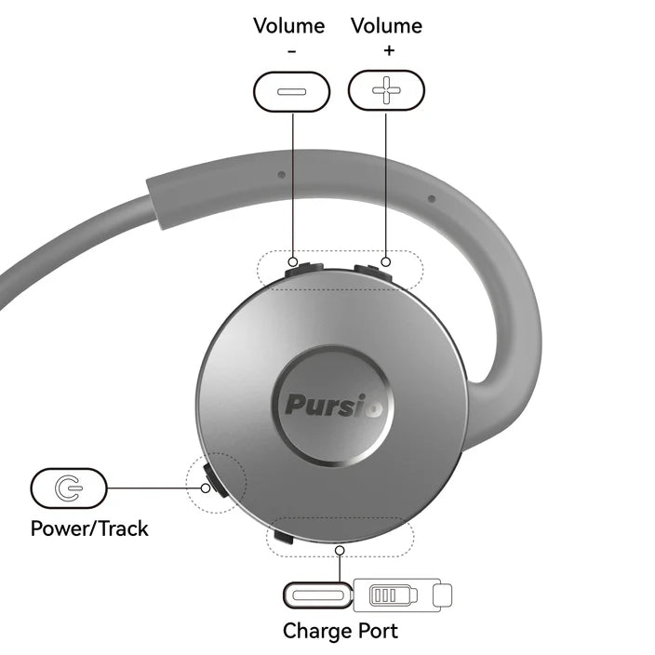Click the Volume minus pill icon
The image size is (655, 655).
pyautogui.click(x=291, y=91)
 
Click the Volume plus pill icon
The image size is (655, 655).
pyautogui.click(x=386, y=91)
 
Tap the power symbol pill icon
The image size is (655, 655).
pyautogui.click(x=69, y=487)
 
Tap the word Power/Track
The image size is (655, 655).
pyautogui.click(x=89, y=529)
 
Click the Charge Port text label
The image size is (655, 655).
pyautogui.click(x=340, y=631)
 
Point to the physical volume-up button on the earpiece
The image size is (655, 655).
pyautogui.click(x=372, y=269)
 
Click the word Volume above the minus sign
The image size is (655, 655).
pyautogui.click(x=288, y=26)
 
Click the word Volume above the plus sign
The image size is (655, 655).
pyautogui.click(x=386, y=26)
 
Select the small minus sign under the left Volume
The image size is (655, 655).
pyautogui.click(x=291, y=51)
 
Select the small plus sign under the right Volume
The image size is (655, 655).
pyautogui.click(x=387, y=51)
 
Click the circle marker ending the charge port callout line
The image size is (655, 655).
pyautogui.click(x=340, y=551)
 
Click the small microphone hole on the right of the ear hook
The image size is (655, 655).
pyautogui.click(x=431, y=198)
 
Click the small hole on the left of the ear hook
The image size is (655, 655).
pyautogui.click(x=281, y=173)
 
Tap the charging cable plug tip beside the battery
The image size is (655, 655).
pyautogui.click(x=444, y=593)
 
